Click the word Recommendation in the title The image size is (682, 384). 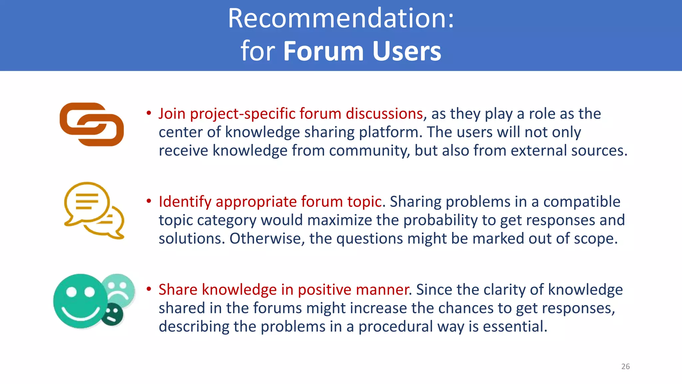point(337,18)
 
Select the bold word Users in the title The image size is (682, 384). point(407,51)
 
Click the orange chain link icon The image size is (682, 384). point(92,124)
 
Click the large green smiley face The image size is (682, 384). point(80,301)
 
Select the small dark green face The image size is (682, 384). point(112,314)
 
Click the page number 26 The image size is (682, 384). point(625,366)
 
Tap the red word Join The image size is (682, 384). point(172,114)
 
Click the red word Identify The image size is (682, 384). point(185,202)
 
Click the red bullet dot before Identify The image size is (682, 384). point(149,201)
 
